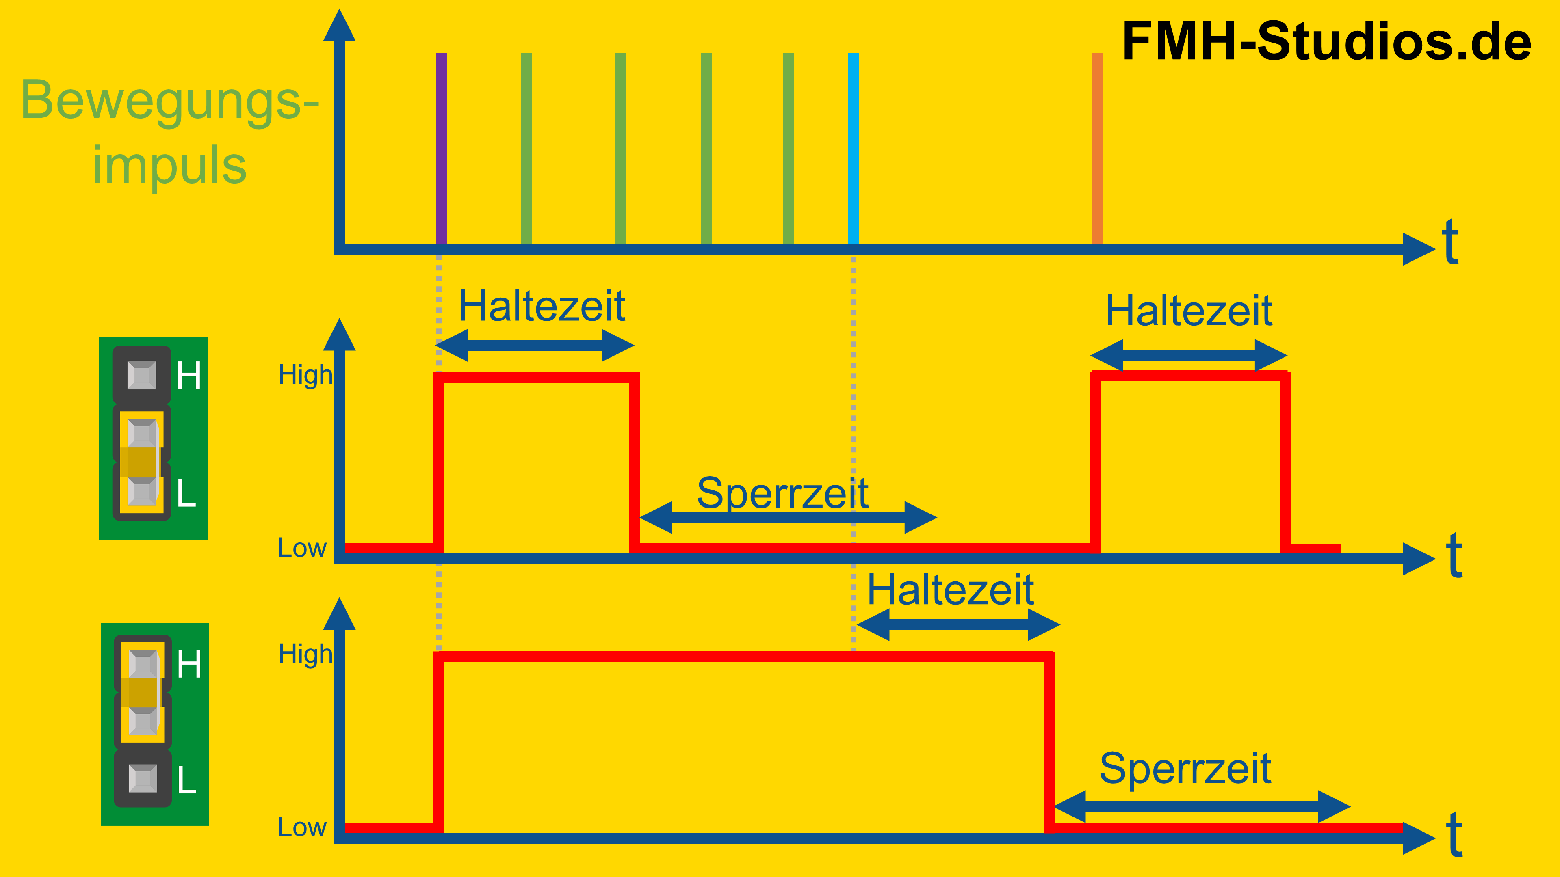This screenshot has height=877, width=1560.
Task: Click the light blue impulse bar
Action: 853,148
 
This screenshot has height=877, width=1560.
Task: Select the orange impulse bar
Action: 1097,148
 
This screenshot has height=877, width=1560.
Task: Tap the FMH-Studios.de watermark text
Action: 1326,41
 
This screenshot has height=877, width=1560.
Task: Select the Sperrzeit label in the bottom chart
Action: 1185,769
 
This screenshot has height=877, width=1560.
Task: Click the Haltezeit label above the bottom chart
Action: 950,590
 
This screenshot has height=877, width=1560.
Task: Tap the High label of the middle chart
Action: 305,375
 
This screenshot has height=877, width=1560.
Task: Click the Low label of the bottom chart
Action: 301,827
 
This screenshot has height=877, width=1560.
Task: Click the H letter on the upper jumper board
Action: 189,376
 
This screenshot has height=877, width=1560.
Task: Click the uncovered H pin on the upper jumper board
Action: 142,375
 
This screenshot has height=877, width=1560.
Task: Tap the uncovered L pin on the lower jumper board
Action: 143,778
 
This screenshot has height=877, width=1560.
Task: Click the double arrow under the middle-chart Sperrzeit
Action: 788,518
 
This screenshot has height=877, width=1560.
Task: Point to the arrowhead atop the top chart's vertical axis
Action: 339,26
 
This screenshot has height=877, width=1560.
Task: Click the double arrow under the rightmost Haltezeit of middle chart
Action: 1189,355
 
